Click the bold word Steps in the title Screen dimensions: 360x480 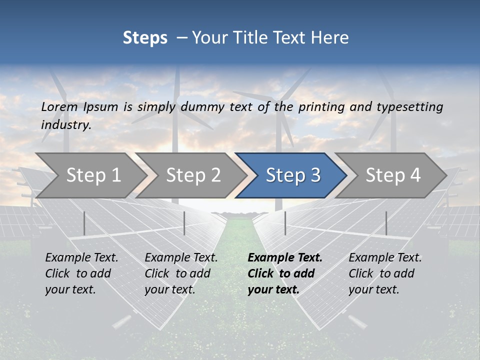tap(145, 38)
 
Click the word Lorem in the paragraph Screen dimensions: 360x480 tap(59, 106)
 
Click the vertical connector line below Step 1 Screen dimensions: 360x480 tap(84, 223)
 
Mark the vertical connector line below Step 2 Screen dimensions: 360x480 tap(184, 223)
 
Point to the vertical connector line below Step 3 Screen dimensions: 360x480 tap(285, 223)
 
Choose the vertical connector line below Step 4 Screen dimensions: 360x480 tap(386, 223)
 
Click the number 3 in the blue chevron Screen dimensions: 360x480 tap(315, 175)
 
